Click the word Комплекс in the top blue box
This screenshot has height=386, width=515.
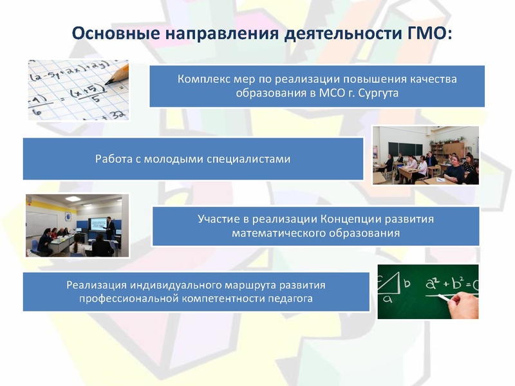click(203, 78)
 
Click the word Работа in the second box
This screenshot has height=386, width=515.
click(113, 158)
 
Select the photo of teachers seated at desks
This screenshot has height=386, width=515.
click(426, 155)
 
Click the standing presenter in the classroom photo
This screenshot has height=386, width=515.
click(110, 228)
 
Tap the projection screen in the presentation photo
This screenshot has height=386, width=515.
click(98, 223)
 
